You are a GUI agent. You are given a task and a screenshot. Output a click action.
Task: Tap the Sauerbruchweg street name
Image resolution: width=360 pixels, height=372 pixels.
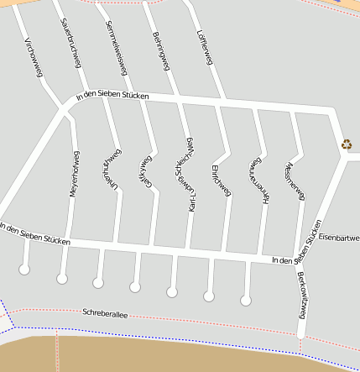(x=71, y=38)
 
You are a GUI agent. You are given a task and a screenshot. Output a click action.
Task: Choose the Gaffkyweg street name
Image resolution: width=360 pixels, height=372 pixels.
(x=144, y=173)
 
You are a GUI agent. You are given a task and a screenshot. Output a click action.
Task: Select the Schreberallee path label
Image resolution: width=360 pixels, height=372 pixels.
(x=105, y=313)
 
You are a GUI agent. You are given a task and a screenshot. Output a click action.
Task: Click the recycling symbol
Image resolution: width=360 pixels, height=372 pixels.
(x=347, y=144)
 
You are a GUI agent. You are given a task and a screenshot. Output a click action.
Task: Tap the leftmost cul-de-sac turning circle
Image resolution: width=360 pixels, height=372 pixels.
(x=24, y=270)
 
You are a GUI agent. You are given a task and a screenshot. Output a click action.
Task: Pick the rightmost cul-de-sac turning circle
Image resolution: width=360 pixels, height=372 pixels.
(x=246, y=300)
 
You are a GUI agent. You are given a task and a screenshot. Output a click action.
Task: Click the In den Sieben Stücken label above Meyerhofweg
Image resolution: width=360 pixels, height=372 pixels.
(x=112, y=96)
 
